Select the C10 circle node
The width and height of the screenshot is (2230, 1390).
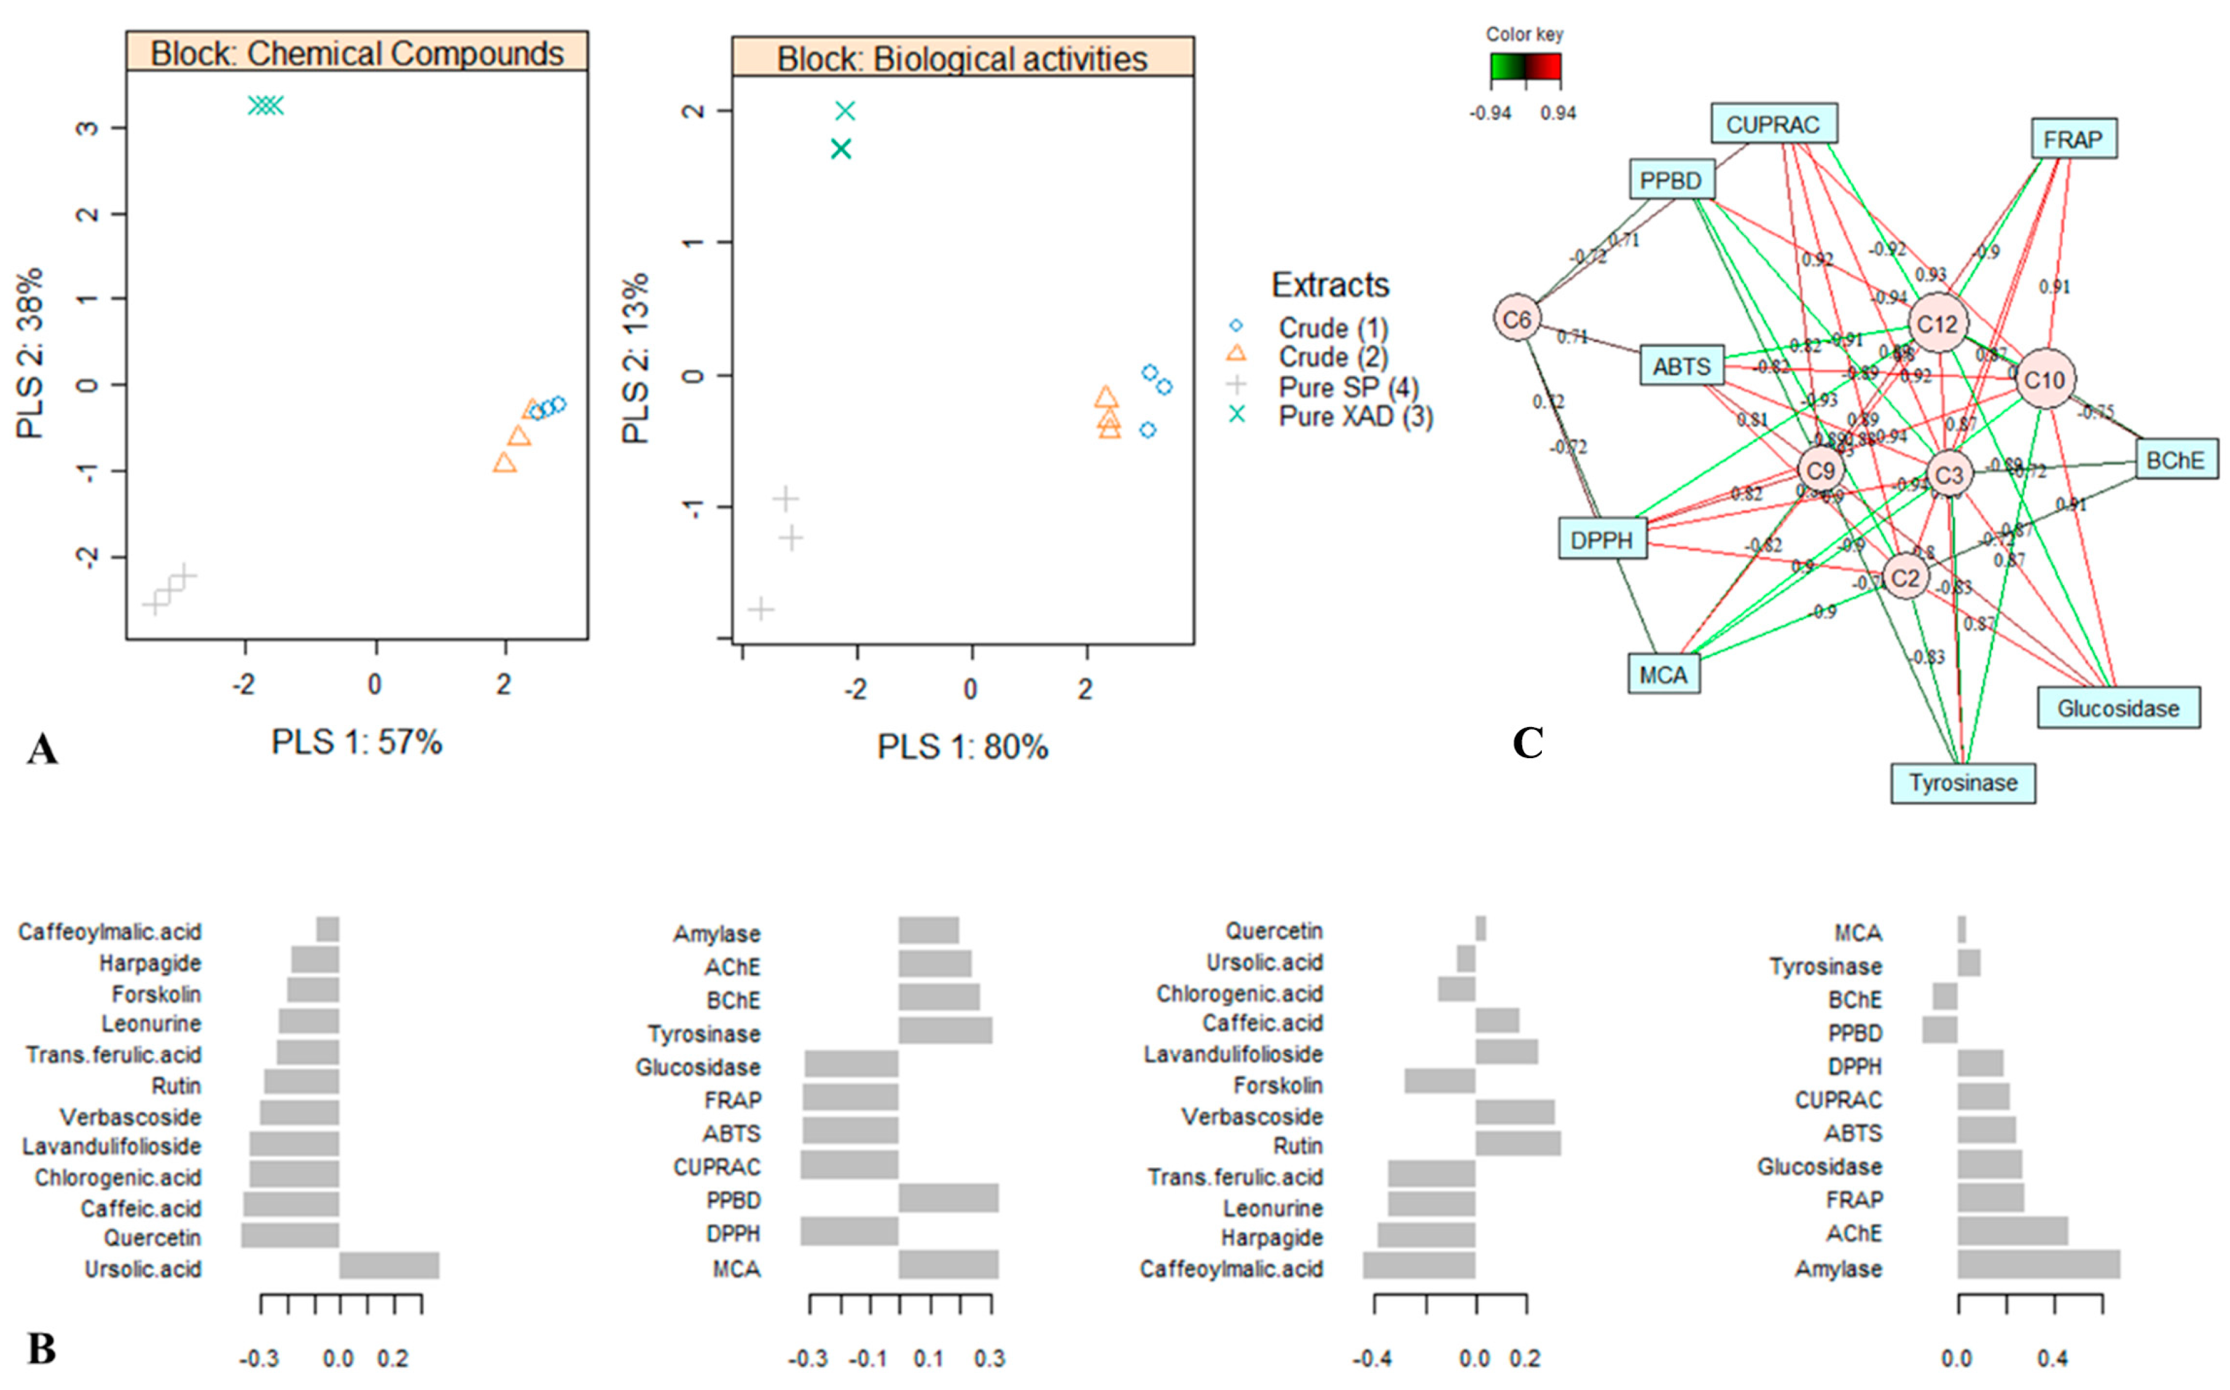click(2044, 379)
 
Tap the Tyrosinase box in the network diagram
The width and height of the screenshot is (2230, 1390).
click(1962, 783)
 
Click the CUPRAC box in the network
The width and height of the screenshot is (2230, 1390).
click(1773, 124)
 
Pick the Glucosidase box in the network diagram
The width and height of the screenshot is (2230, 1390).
click(2118, 708)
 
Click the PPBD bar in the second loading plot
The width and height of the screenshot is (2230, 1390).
click(947, 1199)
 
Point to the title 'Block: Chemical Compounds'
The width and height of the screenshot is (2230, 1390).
click(357, 53)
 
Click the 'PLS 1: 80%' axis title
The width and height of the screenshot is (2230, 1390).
click(962, 747)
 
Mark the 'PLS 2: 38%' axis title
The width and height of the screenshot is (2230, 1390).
click(29, 353)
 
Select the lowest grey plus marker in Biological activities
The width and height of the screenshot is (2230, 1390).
click(761, 608)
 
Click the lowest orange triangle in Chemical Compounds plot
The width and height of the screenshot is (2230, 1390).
click(504, 462)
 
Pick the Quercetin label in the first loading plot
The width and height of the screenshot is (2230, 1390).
click(152, 1237)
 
